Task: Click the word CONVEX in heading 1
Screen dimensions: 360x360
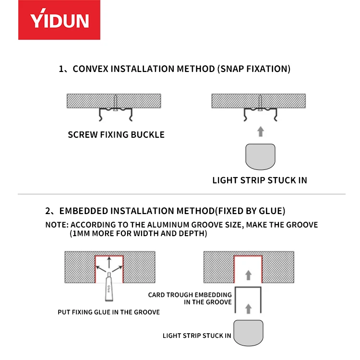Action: click(x=91, y=69)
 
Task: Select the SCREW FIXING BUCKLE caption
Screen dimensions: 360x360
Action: click(x=116, y=135)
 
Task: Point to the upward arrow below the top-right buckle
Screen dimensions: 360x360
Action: click(x=260, y=131)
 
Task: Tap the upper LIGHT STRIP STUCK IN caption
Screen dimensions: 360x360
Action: click(x=260, y=180)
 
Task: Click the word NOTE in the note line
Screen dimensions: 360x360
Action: click(x=56, y=225)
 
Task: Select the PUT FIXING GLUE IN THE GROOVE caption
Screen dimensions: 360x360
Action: click(x=108, y=312)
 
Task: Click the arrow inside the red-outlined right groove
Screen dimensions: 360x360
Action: click(x=248, y=275)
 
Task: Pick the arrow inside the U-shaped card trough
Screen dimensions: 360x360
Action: click(x=248, y=307)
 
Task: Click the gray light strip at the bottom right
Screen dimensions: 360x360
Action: click(x=248, y=332)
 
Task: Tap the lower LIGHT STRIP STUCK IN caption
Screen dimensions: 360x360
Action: click(x=197, y=336)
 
